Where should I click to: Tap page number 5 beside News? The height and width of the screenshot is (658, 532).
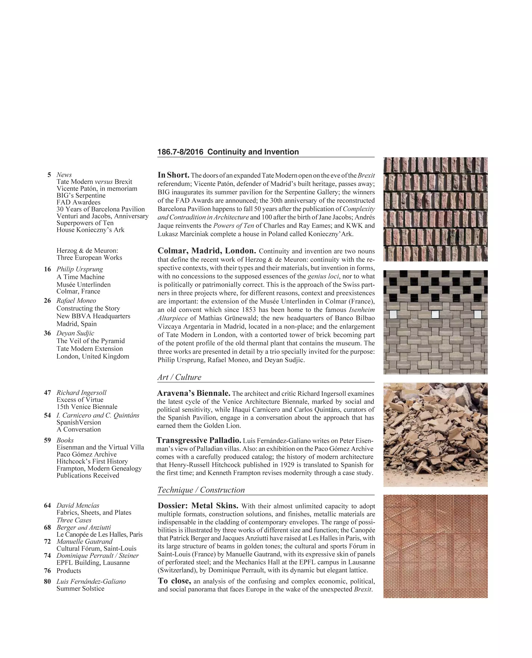pyautogui.click(x=49, y=175)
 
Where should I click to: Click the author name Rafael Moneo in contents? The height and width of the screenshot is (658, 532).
pyautogui.click(x=76, y=301)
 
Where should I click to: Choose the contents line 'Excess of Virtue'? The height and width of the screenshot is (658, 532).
pyautogui.click(x=80, y=400)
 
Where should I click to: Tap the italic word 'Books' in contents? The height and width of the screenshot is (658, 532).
pyautogui.click(x=65, y=440)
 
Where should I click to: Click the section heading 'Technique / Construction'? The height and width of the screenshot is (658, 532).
pyautogui.click(x=201, y=490)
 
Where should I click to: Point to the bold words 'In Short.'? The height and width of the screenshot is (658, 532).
pyautogui.click(x=173, y=175)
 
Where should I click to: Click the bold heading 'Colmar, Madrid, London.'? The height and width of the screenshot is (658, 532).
pyautogui.click(x=206, y=251)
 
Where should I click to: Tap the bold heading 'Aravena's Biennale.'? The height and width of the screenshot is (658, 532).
pyautogui.click(x=193, y=393)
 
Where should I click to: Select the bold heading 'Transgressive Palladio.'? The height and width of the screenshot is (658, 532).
pyautogui.click(x=199, y=441)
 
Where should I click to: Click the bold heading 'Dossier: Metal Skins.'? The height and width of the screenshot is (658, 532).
pyautogui.click(x=198, y=506)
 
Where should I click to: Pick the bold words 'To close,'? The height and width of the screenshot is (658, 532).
pyautogui.click(x=174, y=581)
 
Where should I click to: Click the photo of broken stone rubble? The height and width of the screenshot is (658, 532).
pyautogui.click(x=435, y=434)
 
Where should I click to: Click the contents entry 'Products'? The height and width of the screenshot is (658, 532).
pyautogui.click(x=69, y=571)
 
